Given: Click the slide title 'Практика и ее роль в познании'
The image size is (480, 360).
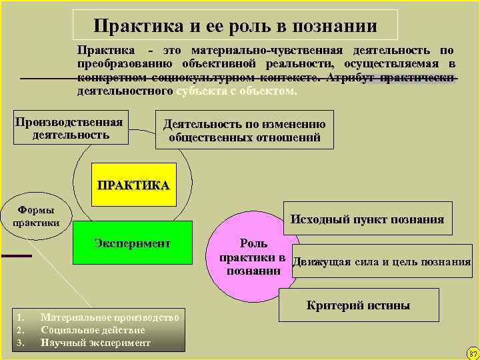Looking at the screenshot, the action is [235, 25].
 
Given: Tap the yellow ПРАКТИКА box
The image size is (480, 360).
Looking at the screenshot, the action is [133, 184].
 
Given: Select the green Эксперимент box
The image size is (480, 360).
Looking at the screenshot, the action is [132, 244].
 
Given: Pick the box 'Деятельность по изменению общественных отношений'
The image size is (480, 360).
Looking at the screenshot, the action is [245, 131].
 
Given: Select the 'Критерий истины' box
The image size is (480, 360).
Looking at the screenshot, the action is [358, 305].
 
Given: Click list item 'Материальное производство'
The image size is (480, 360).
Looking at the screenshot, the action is [109, 317].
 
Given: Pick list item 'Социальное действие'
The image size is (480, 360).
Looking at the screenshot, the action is [93, 330].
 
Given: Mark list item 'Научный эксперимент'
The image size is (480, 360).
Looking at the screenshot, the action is [95, 343].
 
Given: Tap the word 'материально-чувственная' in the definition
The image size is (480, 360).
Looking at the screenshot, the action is [267, 51].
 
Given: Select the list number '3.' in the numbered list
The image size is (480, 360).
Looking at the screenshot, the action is [21, 343].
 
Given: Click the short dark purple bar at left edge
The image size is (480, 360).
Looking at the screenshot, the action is [16, 255].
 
